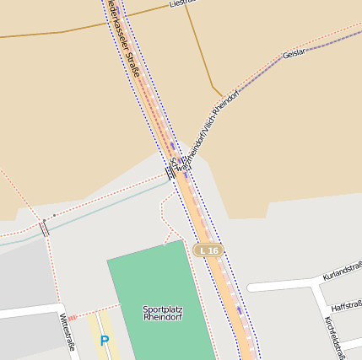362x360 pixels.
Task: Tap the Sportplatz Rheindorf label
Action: pyautogui.click(x=163, y=314)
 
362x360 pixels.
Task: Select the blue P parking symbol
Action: pyautogui.click(x=105, y=341)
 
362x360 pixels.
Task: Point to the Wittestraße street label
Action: pyautogui.click(x=68, y=332)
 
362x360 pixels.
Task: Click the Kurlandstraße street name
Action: pyautogui.click(x=343, y=271)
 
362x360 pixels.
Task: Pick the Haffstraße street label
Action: pyautogui.click(x=347, y=305)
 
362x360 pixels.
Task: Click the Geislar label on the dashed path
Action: pyautogui.click(x=294, y=54)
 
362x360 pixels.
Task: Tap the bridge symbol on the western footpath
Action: pyautogui.click(x=44, y=227)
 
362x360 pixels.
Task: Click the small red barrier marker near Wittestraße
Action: pyautogui.click(x=72, y=318)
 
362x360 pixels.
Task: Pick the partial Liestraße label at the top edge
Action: pyautogui.click(x=181, y=3)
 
